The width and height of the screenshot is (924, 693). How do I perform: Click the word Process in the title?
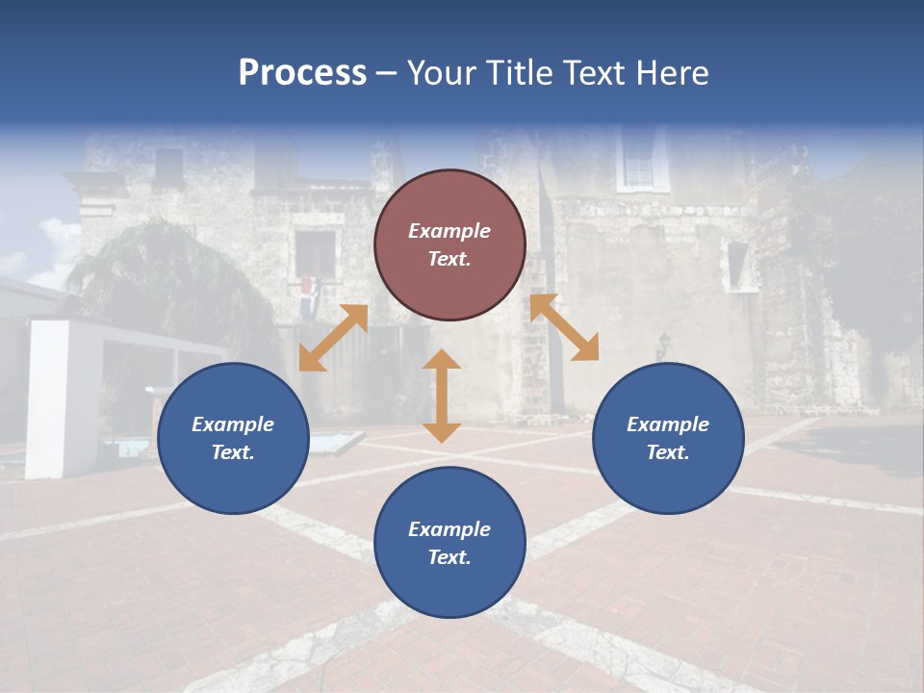click(x=302, y=73)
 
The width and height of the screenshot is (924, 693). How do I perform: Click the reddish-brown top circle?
click(x=449, y=244)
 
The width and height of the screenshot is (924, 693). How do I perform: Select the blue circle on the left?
click(x=233, y=438)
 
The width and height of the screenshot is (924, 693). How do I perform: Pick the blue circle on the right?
click(x=668, y=438)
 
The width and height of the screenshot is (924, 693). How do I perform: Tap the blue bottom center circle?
click(x=449, y=542)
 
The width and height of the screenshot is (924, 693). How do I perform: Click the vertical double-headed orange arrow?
click(x=442, y=396)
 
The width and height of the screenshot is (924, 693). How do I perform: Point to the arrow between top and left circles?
click(x=333, y=338)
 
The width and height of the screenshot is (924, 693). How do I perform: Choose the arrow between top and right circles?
click(x=564, y=327)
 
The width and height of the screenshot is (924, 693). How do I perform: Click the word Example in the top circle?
click(x=449, y=231)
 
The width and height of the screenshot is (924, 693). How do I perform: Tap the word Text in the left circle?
click(x=233, y=452)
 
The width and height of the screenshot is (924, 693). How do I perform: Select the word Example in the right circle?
click(x=668, y=424)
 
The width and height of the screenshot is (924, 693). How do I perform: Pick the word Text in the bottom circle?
click(x=449, y=557)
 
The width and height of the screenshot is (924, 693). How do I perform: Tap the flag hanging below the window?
click(x=306, y=294)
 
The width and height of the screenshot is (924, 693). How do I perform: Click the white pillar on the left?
click(x=47, y=398)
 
